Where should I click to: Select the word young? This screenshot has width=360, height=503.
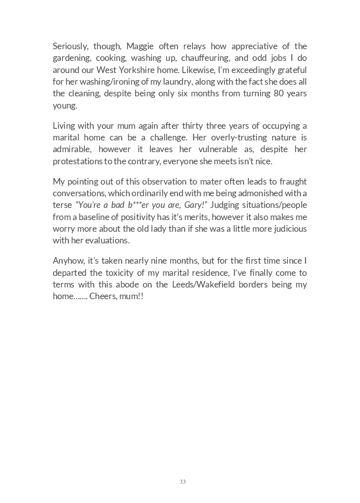[x=65, y=105]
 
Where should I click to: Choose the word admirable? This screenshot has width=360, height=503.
[x=72, y=150]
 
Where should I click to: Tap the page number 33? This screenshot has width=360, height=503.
[x=182, y=482]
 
